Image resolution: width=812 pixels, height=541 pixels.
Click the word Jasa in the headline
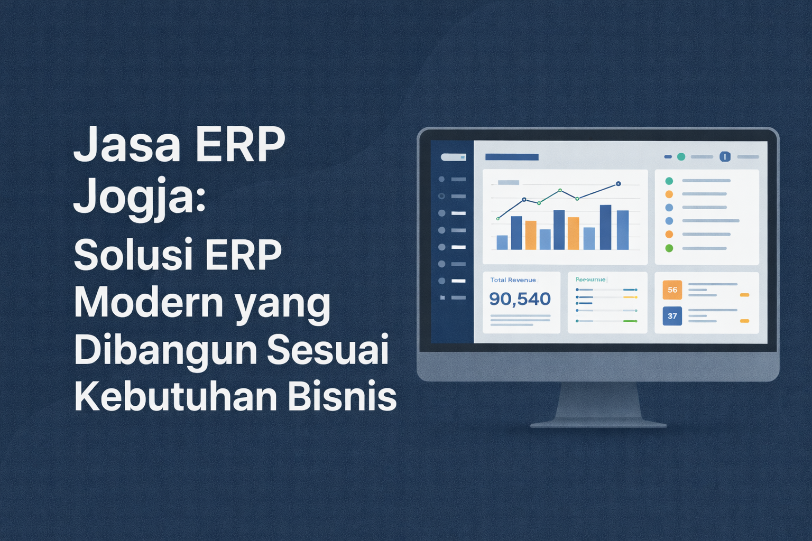[127, 145]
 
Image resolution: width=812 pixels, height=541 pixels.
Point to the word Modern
[149, 303]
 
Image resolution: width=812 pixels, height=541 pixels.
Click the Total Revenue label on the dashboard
[513, 280]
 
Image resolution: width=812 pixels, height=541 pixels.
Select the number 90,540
[520, 299]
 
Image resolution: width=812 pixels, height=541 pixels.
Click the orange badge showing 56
[672, 290]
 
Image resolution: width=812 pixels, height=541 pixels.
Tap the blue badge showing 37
[672, 316]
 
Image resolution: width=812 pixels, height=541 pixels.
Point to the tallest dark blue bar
[605, 227]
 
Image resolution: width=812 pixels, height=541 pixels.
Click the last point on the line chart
[618, 184]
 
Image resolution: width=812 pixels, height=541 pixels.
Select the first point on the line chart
[498, 218]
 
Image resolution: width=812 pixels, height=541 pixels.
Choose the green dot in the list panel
[669, 248]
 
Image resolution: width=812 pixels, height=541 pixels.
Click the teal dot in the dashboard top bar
[681, 157]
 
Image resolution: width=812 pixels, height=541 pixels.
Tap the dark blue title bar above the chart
[512, 157]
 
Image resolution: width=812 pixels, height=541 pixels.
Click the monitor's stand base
[598, 424]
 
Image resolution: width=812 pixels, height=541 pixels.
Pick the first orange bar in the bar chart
[531, 235]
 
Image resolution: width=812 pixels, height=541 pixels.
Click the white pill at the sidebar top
[453, 157]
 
